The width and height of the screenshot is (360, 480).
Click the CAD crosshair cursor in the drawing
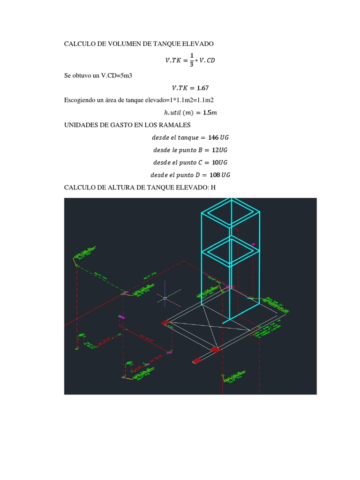coord(165,297)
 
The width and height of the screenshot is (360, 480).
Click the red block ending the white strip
coord(196,361)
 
